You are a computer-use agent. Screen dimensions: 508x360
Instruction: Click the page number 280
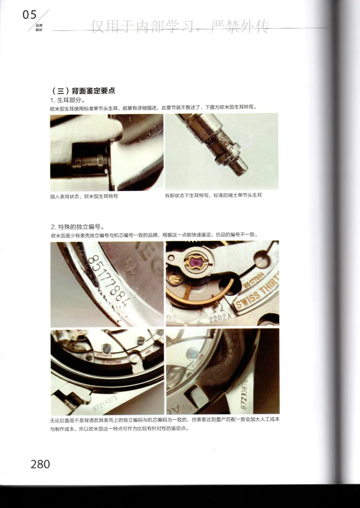40,464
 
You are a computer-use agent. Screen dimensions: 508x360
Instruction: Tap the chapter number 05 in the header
30,15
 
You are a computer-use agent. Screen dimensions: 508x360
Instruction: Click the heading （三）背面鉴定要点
84,90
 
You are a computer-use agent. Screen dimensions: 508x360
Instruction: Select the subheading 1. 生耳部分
67,99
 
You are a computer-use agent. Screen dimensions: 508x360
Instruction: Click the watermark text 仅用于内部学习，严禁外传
180,27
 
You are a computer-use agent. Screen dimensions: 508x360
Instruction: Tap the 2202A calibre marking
219,318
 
